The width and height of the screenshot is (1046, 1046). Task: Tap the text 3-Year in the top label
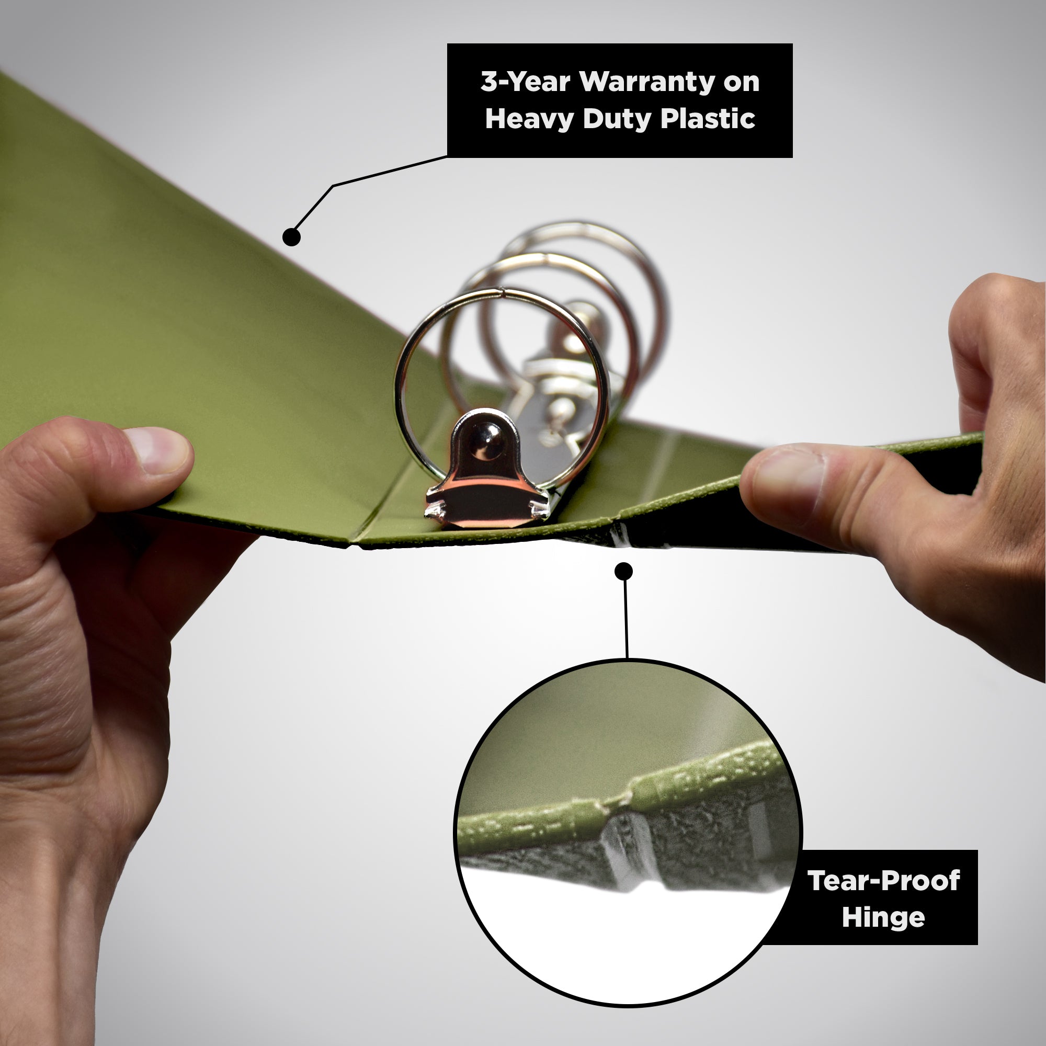point(525,82)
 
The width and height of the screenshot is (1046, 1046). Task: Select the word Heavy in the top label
point(529,119)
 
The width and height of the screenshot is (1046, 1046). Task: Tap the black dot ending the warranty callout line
point(292,236)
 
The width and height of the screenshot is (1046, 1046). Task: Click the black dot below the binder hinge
point(624,571)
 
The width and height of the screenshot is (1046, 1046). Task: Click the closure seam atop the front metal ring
point(502,293)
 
